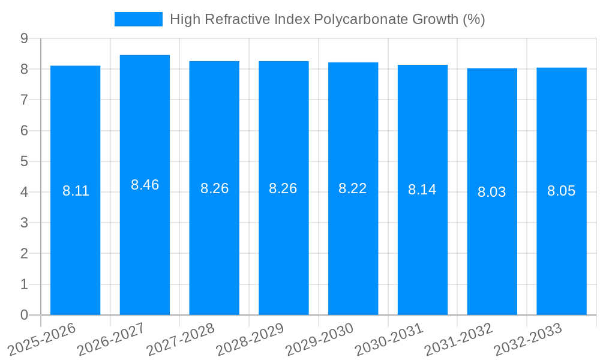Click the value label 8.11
coord(76,191)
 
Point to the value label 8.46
coord(145,185)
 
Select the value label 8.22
coord(353,188)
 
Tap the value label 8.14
coord(422,190)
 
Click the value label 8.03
coord(492,192)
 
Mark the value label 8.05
coord(562,191)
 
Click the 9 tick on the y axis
coord(24,38)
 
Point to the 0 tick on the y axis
coord(24,315)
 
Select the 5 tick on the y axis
coord(24,161)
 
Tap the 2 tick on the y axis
coord(24,254)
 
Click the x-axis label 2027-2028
coord(181,340)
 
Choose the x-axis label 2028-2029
coord(250,340)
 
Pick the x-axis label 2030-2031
coord(389,340)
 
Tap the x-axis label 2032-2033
coord(528,340)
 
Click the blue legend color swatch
coord(139,19)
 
